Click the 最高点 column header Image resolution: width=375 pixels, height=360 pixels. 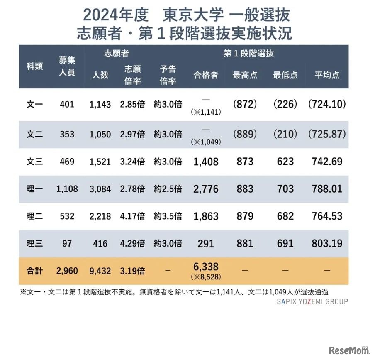(245, 75)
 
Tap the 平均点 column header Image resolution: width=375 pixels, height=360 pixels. (327, 75)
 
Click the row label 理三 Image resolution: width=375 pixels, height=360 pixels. (34, 243)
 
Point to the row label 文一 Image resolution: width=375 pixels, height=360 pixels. (34, 104)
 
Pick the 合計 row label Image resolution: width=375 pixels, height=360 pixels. (34, 271)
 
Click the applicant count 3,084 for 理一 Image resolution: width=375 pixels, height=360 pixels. (100, 189)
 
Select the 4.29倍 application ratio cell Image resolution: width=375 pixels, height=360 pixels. (132, 243)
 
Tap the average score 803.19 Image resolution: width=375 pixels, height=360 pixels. (327, 243)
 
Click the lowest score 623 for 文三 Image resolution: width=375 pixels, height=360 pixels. (285, 161)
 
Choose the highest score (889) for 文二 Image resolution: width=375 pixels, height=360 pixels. (245, 134)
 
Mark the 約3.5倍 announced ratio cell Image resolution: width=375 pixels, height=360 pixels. (168, 216)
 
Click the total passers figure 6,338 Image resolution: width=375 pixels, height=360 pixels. (206, 267)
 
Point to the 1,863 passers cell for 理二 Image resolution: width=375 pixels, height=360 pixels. (206, 216)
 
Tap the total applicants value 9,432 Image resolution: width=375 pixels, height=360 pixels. (100, 271)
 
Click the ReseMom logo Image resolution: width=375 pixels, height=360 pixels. (348, 351)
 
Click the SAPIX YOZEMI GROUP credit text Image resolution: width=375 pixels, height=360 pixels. (312, 301)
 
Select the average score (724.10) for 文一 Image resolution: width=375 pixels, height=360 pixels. (327, 104)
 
